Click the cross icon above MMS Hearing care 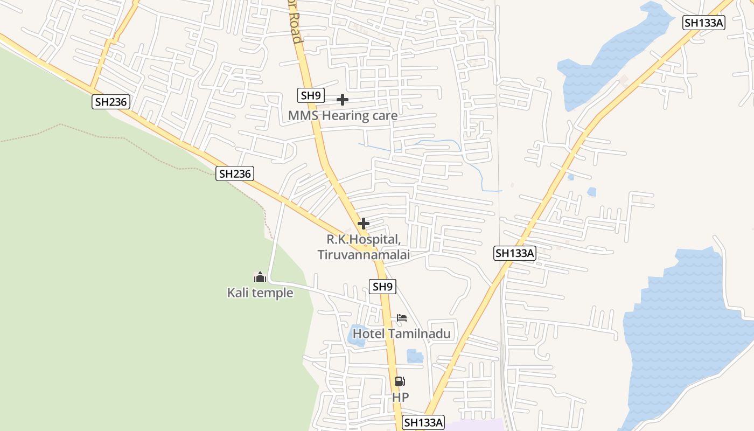[x=342, y=100]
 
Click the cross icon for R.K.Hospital [x=364, y=223]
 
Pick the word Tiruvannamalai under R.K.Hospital [x=364, y=254]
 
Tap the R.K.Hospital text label [x=364, y=239]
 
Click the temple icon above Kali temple [x=260, y=277]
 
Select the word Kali [x=239, y=293]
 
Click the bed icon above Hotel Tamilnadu [x=402, y=318]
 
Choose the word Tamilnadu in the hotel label [x=419, y=334]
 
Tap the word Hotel [x=369, y=334]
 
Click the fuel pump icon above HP [x=400, y=381]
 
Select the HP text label [x=400, y=397]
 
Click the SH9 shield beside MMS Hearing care [x=311, y=96]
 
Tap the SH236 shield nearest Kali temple [x=235, y=173]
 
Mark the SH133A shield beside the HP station [x=423, y=422]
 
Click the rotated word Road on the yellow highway [x=296, y=30]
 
